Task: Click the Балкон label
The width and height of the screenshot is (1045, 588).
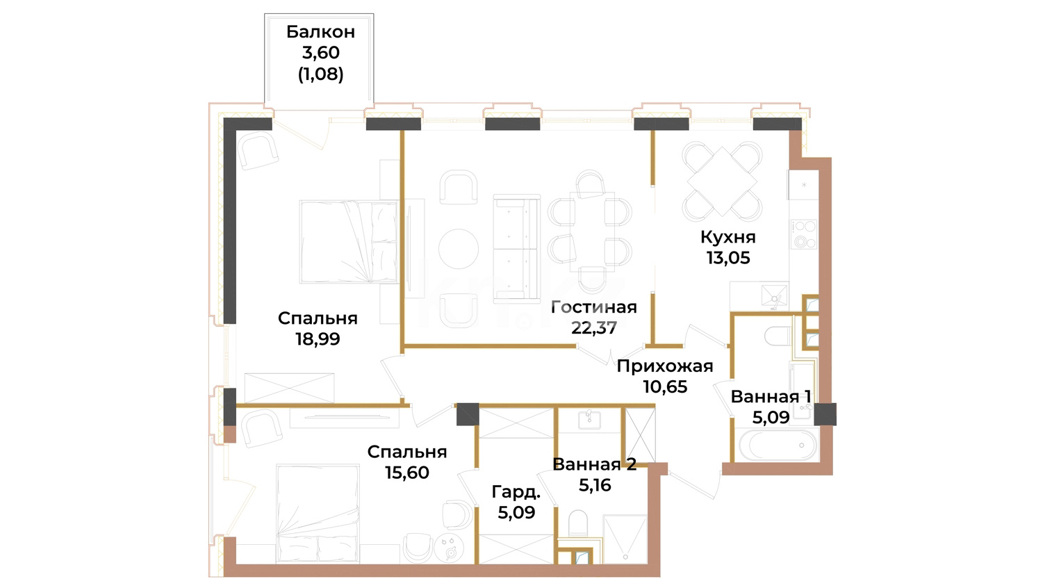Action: (320, 32)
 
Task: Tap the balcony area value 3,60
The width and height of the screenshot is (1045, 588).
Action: (320, 53)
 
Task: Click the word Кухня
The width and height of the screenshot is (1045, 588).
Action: (727, 237)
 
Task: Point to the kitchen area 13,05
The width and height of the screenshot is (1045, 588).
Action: (727, 258)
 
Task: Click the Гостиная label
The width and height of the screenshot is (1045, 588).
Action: (594, 307)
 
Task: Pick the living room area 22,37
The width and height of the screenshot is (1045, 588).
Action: (594, 327)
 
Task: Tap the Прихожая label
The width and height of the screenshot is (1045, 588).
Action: (665, 366)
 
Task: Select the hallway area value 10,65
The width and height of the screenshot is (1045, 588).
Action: (665, 387)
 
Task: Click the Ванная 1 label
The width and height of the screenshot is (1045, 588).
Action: (771, 397)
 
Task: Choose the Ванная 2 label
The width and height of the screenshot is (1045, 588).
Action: (594, 464)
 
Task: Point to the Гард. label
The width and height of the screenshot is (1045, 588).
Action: (516, 492)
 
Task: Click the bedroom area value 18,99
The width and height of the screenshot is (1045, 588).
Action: (318, 338)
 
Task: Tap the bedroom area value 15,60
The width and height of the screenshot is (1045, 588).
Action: (406, 472)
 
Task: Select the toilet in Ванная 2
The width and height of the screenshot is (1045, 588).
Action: (578, 523)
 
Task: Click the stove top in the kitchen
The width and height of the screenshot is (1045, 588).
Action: (804, 234)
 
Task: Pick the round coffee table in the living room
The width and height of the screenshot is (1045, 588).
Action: (458, 249)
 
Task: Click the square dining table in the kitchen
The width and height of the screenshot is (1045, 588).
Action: (722, 181)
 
